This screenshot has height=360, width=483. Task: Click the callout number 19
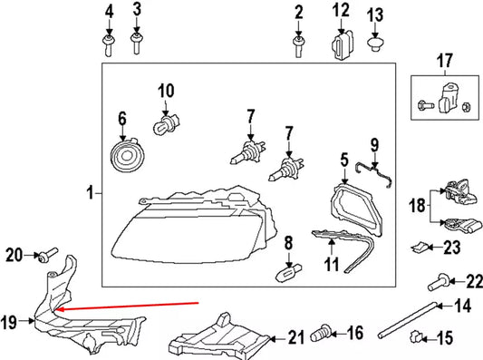pyautogui.click(x=8, y=322)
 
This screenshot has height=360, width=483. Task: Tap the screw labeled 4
pyautogui.click(x=108, y=45)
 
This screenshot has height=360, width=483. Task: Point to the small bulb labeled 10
pyautogui.click(x=167, y=124)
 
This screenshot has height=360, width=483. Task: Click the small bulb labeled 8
pyautogui.click(x=288, y=273)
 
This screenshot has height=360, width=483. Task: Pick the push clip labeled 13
pyautogui.click(x=375, y=44)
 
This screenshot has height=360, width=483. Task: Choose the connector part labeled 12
pyautogui.click(x=343, y=45)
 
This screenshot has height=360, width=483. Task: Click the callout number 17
pyautogui.click(x=445, y=61)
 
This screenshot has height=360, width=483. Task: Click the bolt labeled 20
pyautogui.click(x=47, y=256)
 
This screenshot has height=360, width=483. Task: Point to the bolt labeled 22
pyautogui.click(x=438, y=282)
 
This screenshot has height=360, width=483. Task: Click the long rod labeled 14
pyautogui.click(x=407, y=320)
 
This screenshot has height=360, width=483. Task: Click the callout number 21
pyautogui.click(x=295, y=337)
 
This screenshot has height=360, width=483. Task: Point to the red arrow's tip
pyautogui.click(x=56, y=309)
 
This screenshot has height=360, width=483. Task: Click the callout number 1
pyautogui.click(x=90, y=193)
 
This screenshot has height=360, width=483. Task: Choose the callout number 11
pyautogui.click(x=331, y=264)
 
